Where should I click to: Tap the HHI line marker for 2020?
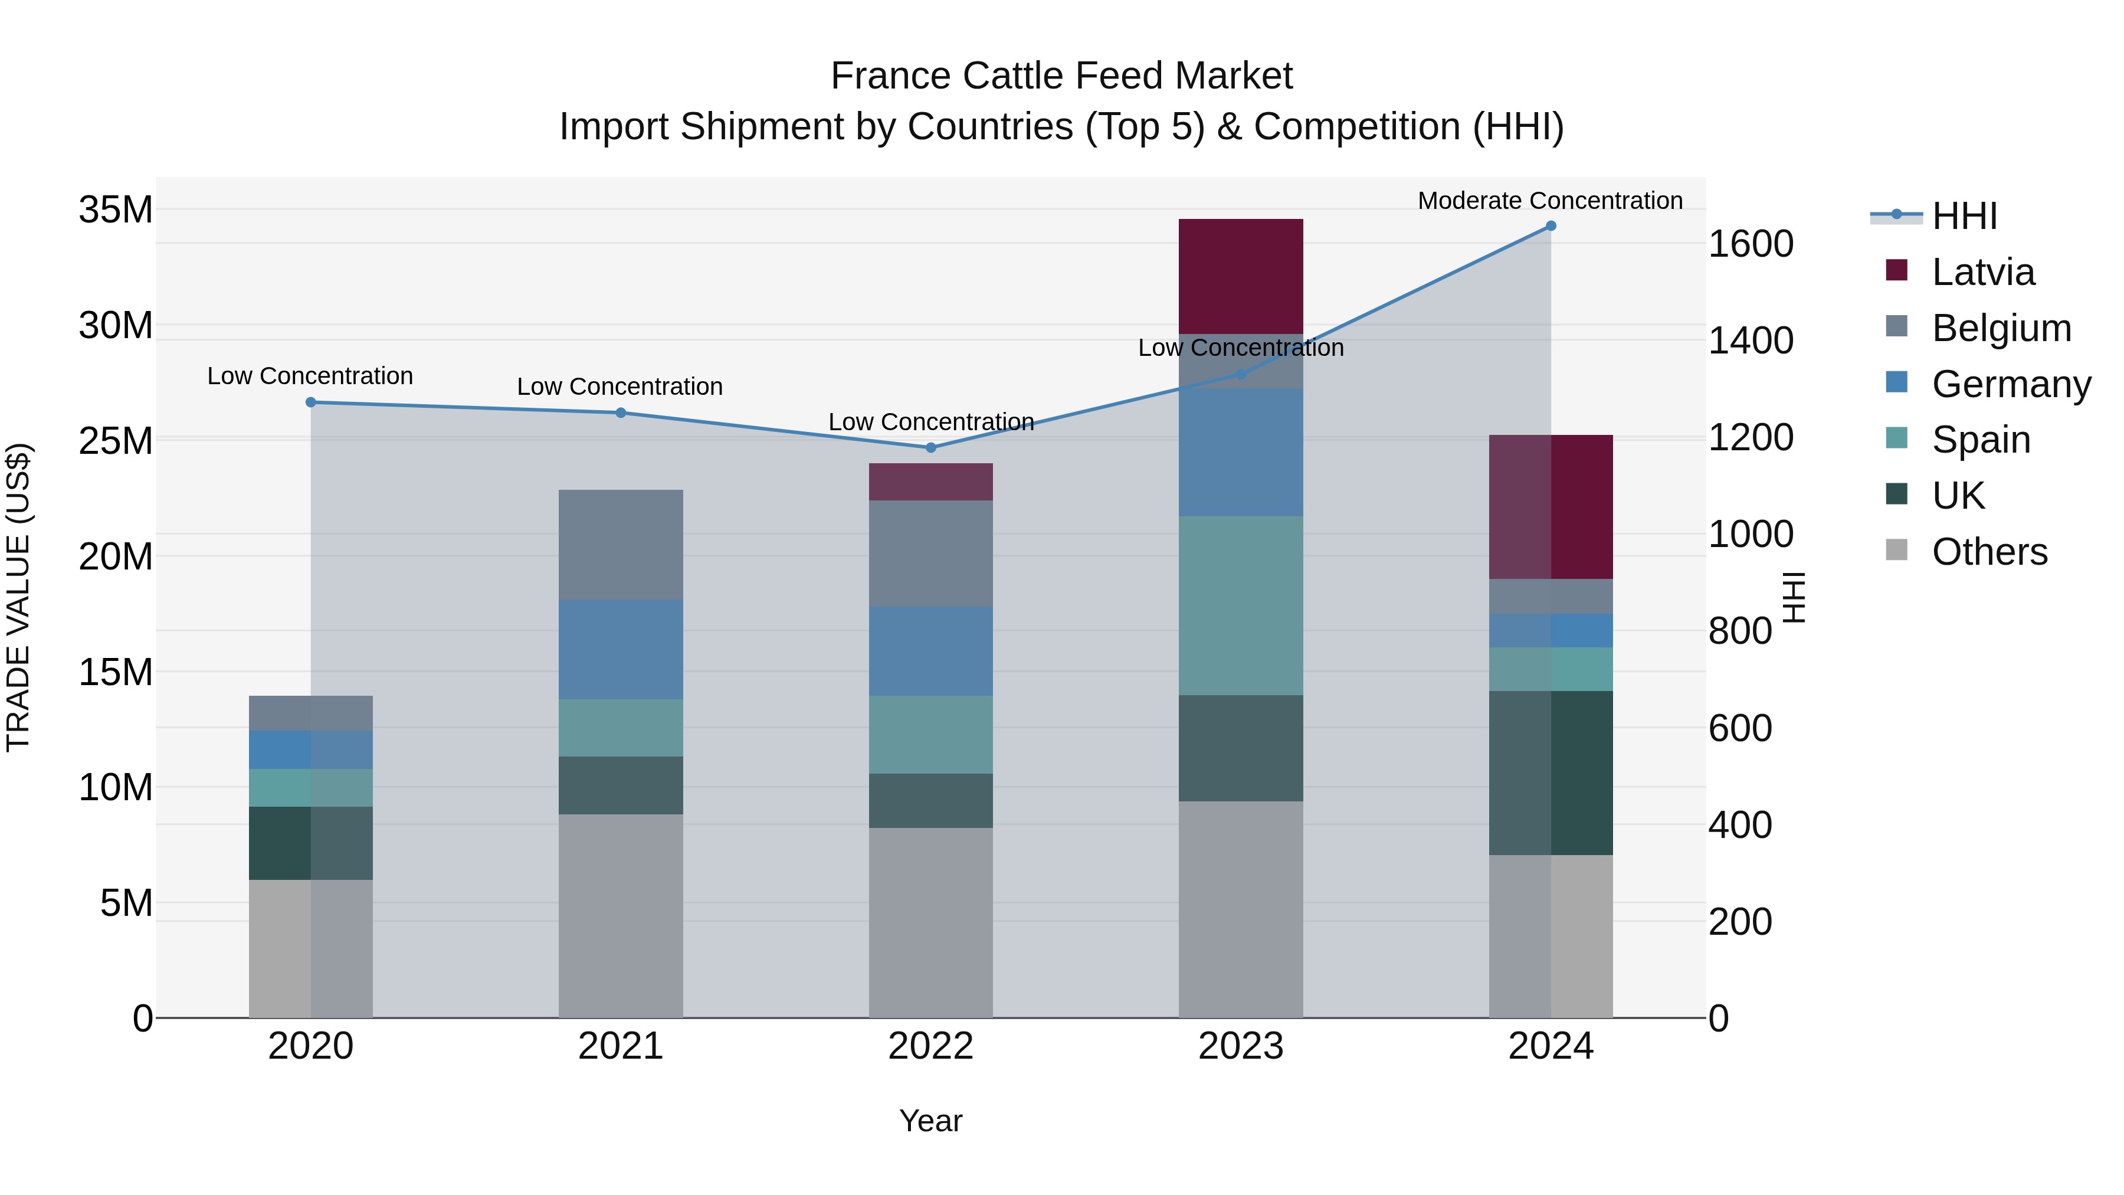click(x=311, y=402)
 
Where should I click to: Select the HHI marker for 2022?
click(x=931, y=448)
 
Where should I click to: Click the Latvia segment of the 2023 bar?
click(x=1240, y=276)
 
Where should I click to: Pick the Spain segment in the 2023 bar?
click(x=1240, y=605)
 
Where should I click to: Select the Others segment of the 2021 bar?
click(x=620, y=915)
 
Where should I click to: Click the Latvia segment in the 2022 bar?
click(x=931, y=482)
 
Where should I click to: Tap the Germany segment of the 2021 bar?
click(x=620, y=649)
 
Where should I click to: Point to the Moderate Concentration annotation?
click(x=1549, y=201)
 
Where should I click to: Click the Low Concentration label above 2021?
click(x=619, y=386)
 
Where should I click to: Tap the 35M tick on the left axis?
click(x=116, y=209)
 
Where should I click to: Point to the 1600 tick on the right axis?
click(x=1750, y=244)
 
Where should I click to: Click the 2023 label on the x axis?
click(x=1240, y=1046)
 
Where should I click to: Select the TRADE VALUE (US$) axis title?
click(x=18, y=597)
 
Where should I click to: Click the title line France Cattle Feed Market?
click(x=1061, y=76)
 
